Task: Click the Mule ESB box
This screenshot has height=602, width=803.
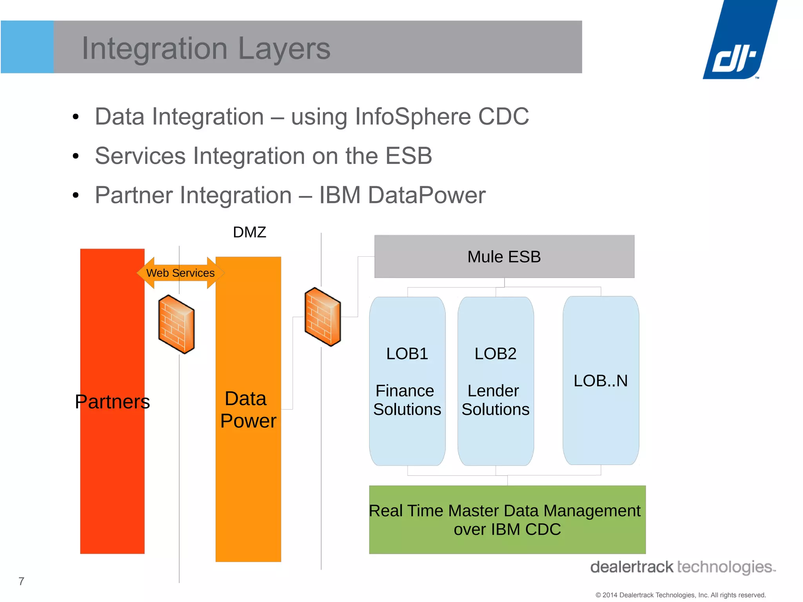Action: tap(504, 257)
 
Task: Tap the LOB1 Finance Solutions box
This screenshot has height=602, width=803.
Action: tap(407, 381)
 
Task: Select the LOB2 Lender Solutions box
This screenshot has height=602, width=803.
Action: tap(495, 381)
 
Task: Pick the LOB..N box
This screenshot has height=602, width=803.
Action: tap(601, 381)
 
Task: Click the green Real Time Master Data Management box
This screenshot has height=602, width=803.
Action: tap(507, 519)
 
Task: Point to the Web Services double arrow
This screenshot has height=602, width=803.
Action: tap(180, 273)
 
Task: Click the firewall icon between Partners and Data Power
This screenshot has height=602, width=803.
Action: tap(176, 325)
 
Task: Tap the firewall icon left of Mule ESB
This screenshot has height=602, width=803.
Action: tap(323, 317)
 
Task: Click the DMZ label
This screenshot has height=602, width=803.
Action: tap(249, 232)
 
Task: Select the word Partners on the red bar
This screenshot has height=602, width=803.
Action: tap(113, 402)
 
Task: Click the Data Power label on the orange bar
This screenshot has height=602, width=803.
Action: tap(248, 410)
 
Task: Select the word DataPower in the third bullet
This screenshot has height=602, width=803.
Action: tap(427, 195)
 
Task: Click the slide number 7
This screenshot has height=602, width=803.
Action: tap(22, 581)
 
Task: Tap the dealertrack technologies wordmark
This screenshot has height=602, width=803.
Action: tap(682, 567)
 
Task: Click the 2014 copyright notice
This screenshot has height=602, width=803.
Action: tap(680, 595)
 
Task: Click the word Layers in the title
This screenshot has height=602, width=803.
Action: tap(284, 49)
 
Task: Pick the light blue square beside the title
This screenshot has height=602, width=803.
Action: tap(27, 47)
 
